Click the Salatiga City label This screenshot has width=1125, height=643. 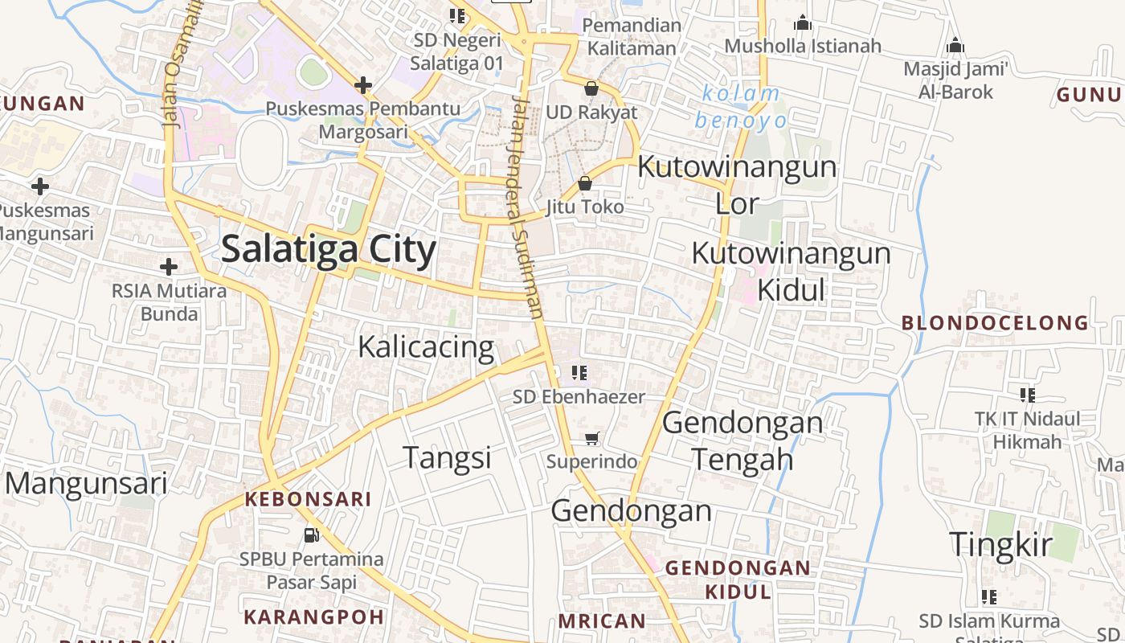[329, 249]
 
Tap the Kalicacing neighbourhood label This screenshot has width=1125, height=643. [426, 346]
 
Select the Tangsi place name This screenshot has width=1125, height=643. [447, 457]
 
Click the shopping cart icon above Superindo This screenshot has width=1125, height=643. [592, 439]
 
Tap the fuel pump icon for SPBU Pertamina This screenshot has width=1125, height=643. [312, 534]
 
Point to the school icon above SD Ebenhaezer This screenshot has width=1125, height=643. [579, 373]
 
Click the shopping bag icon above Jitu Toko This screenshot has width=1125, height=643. [585, 184]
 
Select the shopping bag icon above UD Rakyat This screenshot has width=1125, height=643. [591, 88]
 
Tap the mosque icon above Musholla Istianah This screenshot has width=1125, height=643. [802, 23]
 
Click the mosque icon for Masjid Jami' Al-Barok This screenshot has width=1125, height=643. [955, 46]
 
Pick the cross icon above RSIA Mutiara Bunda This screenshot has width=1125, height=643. [169, 267]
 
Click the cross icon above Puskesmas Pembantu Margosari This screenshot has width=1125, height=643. [363, 84]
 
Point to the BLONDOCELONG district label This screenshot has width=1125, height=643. [995, 323]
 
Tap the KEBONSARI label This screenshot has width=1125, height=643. [308, 499]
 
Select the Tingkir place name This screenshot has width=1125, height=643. [1000, 544]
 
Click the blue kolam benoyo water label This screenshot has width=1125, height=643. [740, 107]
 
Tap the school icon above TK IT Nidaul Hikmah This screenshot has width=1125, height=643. [1027, 395]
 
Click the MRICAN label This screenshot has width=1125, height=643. [602, 620]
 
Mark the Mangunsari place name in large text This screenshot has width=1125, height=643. [87, 483]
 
